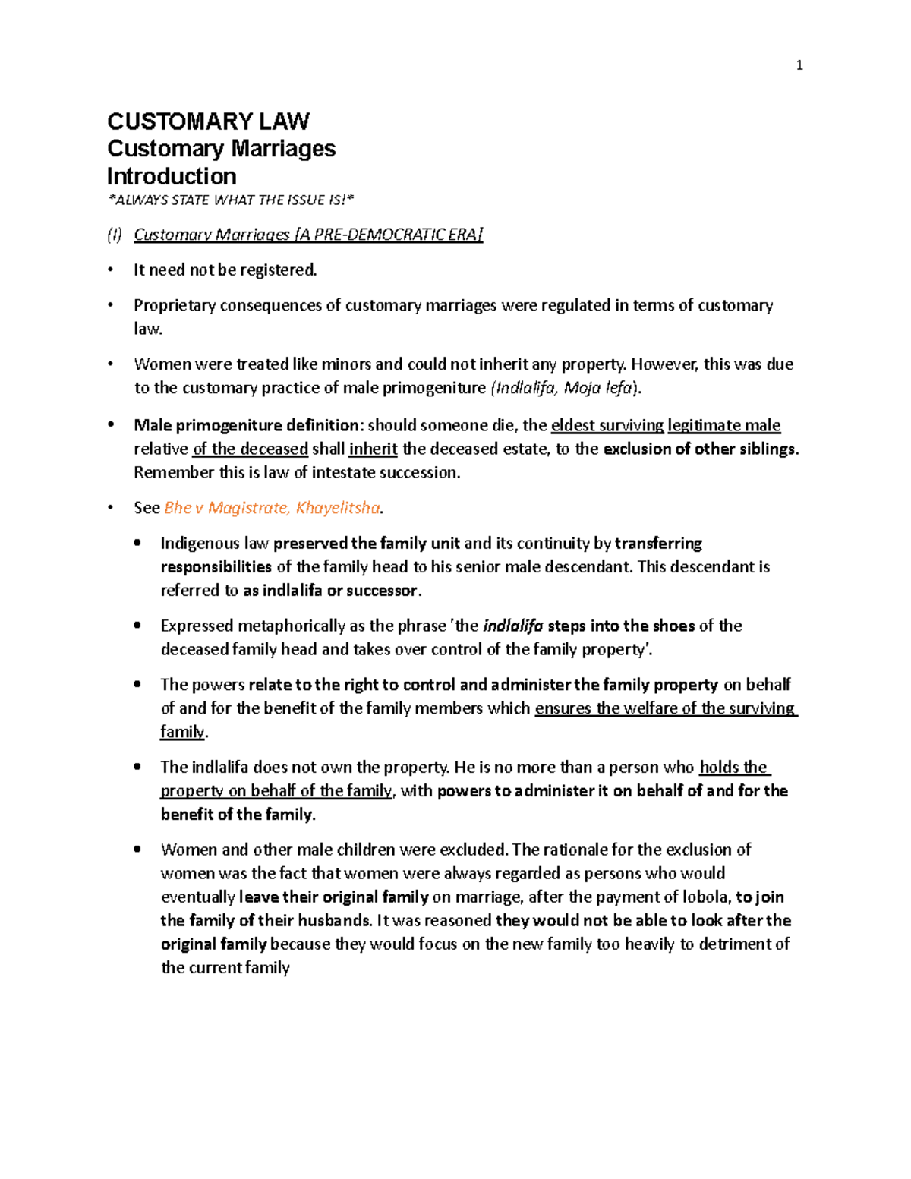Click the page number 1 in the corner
click(799, 66)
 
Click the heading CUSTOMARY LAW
click(208, 121)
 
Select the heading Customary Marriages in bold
click(221, 149)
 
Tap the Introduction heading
click(172, 176)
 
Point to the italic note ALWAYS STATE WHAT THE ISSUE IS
click(231, 200)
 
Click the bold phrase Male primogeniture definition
click(246, 425)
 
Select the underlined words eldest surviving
click(607, 425)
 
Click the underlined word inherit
click(373, 449)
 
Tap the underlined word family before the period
click(182, 732)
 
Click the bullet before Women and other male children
click(137, 850)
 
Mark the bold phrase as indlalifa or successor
click(330, 590)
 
